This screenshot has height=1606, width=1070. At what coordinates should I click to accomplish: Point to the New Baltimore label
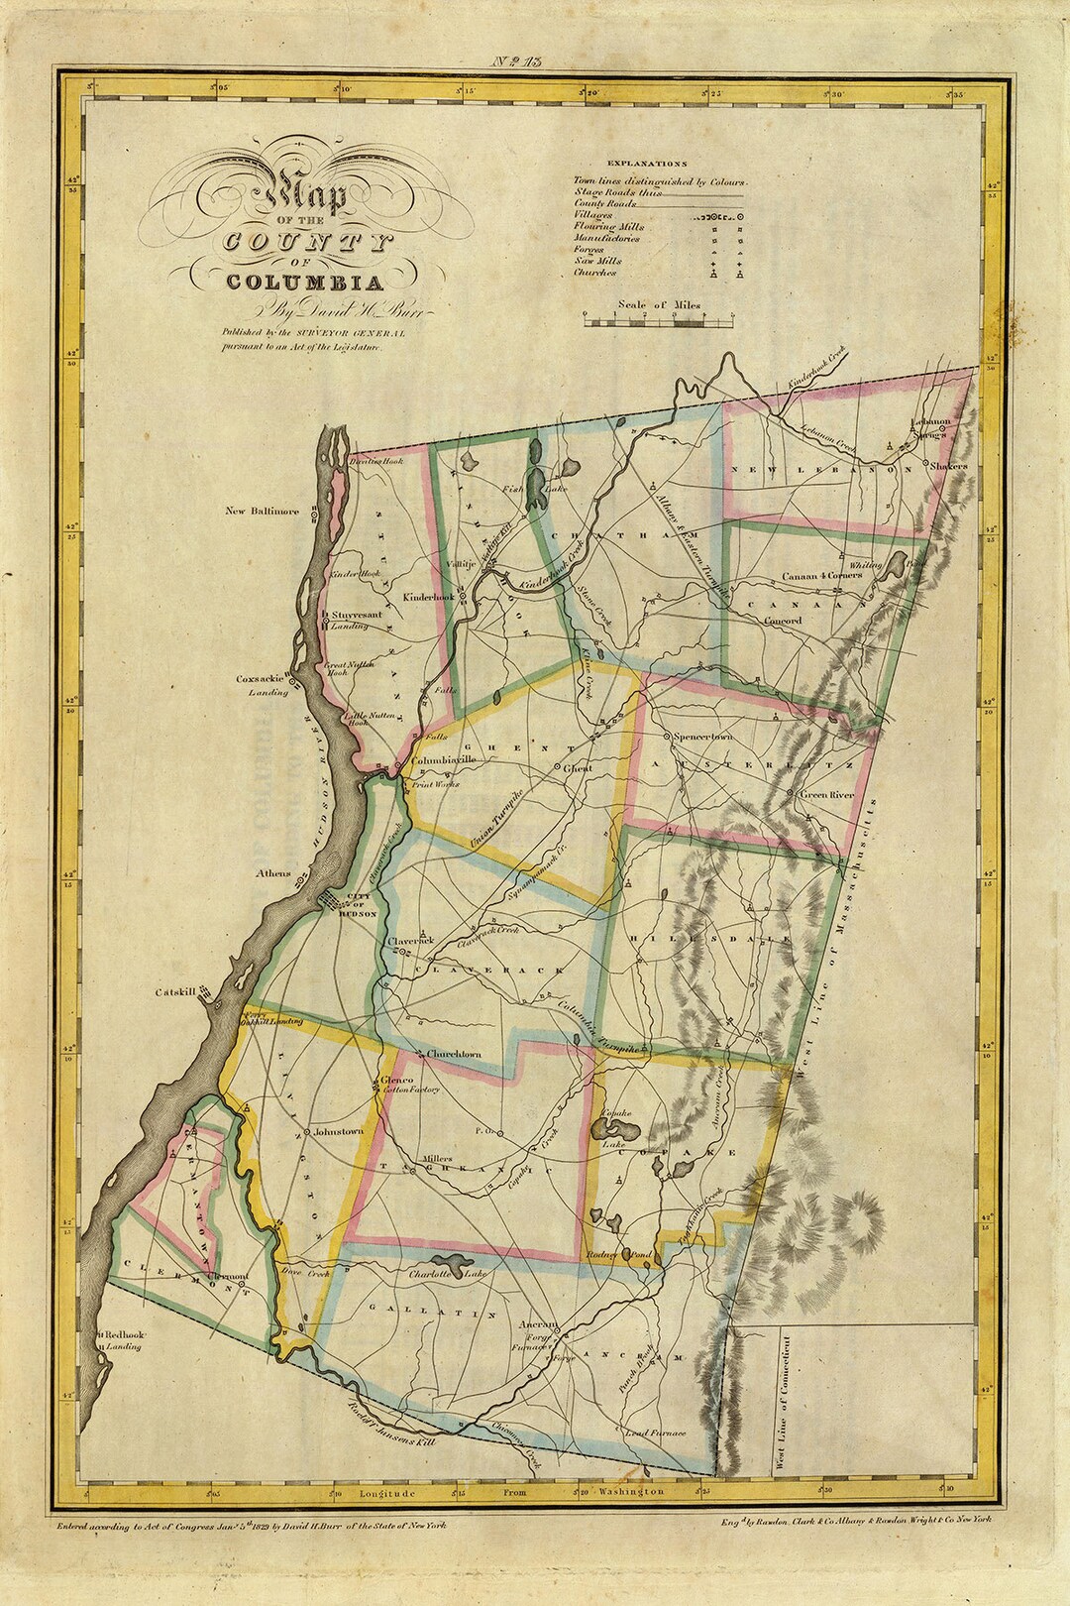click(262, 512)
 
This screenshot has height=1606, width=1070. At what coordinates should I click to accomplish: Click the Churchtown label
click(455, 1054)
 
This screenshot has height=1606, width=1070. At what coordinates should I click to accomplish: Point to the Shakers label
click(948, 464)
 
